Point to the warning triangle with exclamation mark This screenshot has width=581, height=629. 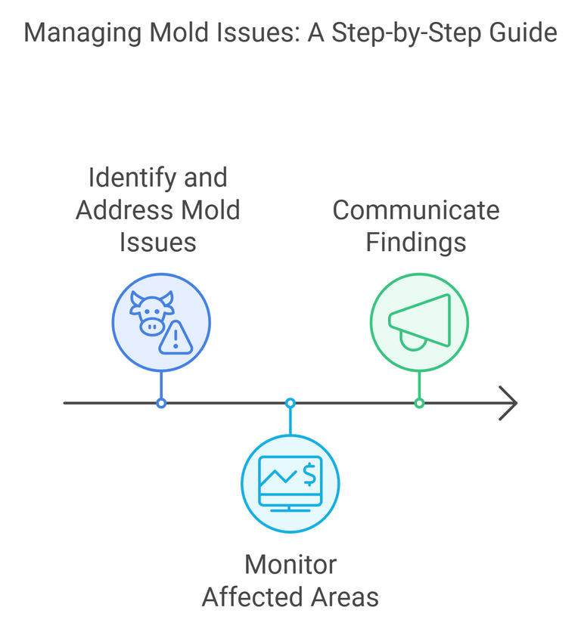coord(176,337)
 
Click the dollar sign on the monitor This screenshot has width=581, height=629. coord(309,475)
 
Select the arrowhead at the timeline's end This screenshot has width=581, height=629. coord(509,403)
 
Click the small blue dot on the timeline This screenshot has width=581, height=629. coord(161,403)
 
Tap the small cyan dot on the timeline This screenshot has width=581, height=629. coord(290,403)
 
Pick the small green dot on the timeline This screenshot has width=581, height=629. coord(420,403)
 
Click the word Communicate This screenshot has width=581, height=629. coord(416,209)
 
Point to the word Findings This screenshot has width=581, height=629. coord(415,242)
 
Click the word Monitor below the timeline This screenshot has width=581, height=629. coord(290,564)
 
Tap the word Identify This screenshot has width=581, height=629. coord(123,178)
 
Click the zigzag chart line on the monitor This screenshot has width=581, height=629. coord(278,476)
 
